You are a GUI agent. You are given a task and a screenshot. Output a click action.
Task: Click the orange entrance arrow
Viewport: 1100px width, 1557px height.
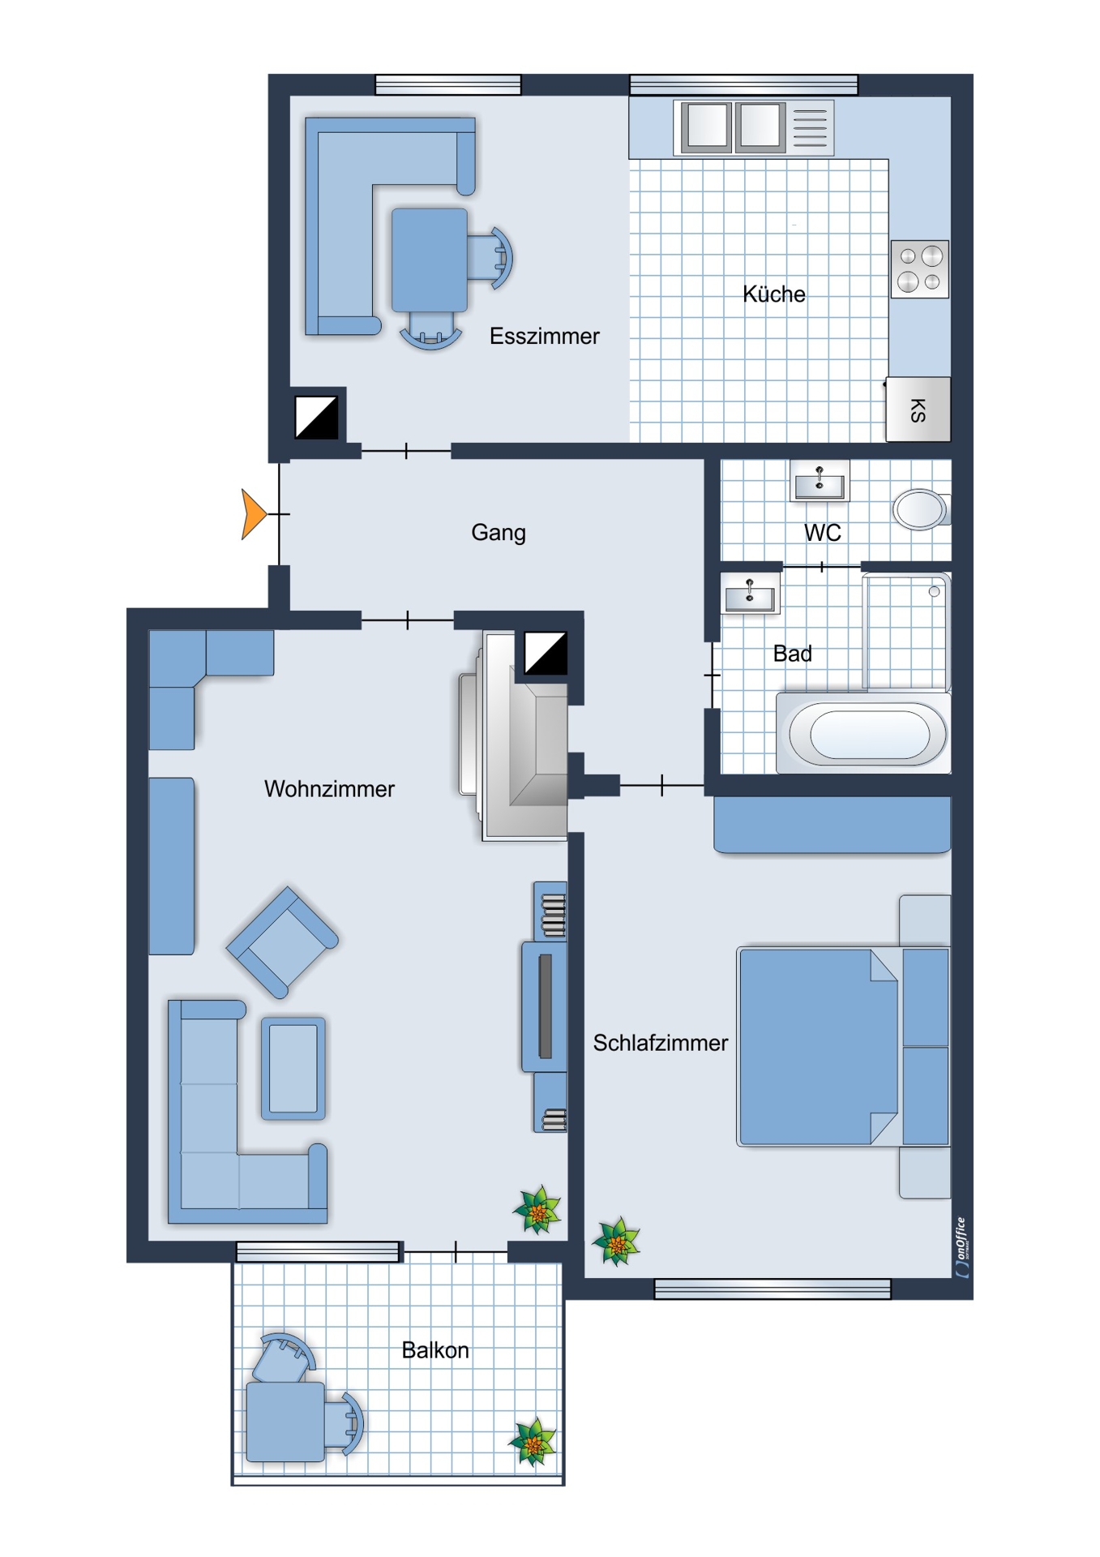tap(253, 514)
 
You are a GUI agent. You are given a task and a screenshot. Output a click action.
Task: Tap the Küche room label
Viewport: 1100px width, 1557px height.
tap(774, 294)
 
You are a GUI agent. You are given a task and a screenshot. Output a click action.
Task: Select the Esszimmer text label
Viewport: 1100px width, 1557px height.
tap(544, 337)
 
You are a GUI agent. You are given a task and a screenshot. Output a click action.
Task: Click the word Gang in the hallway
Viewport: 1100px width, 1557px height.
tap(499, 533)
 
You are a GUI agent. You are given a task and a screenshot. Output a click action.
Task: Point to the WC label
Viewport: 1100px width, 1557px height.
tap(822, 533)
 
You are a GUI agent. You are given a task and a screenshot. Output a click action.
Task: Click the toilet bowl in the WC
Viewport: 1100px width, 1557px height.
tap(921, 509)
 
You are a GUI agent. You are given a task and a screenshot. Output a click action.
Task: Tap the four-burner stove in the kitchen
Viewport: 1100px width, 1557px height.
tap(920, 269)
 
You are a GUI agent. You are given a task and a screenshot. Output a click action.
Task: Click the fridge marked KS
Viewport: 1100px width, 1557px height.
tap(918, 410)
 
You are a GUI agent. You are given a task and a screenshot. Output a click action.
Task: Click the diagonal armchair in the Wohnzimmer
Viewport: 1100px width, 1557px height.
tap(282, 942)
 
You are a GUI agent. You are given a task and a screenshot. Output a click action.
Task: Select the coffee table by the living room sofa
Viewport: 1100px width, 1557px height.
tap(293, 1069)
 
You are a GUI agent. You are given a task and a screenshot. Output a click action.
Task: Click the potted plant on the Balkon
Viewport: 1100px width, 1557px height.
tap(533, 1443)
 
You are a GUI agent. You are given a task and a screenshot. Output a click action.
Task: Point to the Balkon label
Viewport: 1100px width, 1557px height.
tap(435, 1350)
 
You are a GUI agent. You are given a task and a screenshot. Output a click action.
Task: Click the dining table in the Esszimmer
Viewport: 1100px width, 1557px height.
tap(430, 260)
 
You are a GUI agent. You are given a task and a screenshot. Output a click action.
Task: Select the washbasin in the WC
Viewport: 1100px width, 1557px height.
tap(820, 482)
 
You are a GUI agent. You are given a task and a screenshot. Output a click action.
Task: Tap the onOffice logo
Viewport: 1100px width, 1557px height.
tap(961, 1247)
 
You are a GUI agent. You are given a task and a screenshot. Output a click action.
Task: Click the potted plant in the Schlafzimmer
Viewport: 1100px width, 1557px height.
tap(616, 1242)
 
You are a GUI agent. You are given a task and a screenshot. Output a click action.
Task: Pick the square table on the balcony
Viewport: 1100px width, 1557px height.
tap(285, 1422)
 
